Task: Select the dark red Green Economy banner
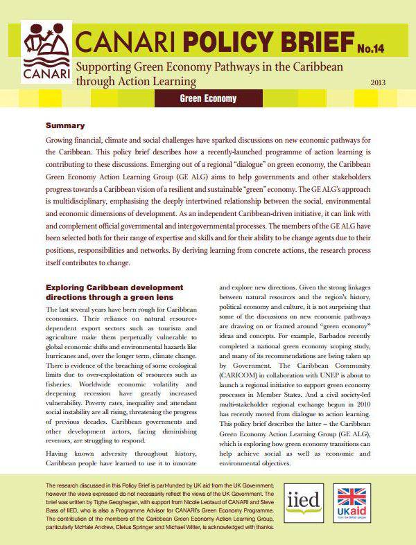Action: (207, 99)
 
